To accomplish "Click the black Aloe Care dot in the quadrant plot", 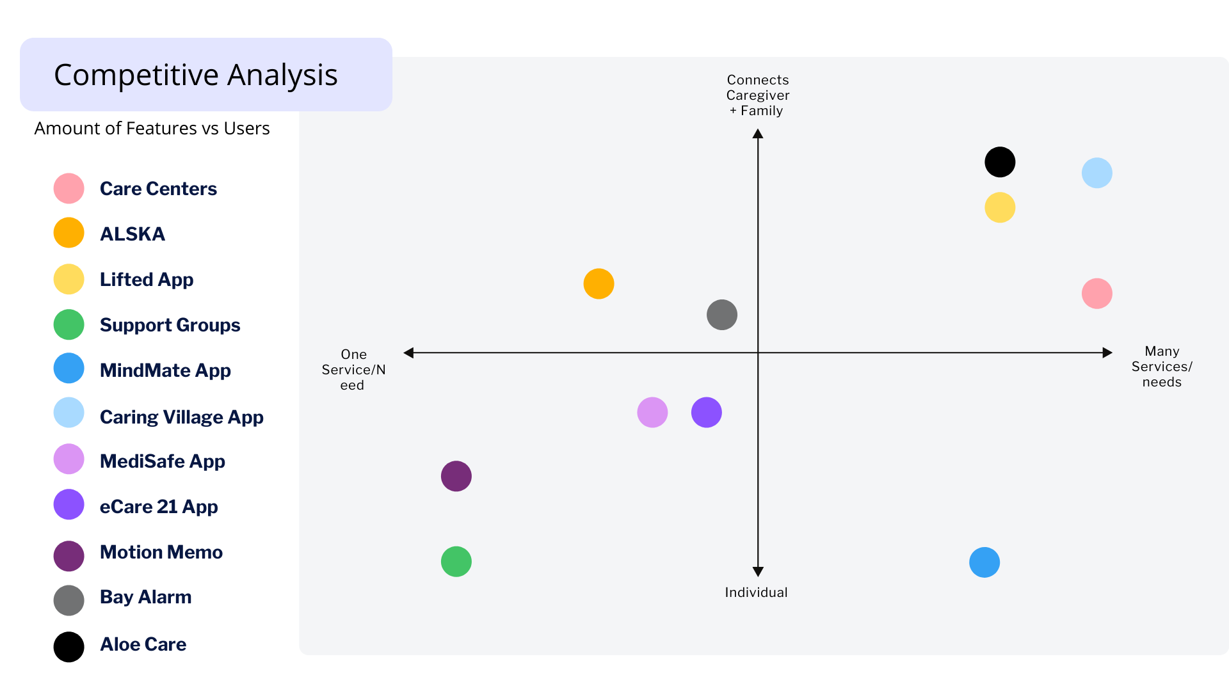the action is click(x=1000, y=162).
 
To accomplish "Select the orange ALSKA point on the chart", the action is click(x=598, y=283).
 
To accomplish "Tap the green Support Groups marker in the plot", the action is click(x=456, y=562).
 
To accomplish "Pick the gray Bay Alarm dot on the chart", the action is click(x=722, y=315).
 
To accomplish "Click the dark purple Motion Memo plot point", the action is click(x=456, y=476).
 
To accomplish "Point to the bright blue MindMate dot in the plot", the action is click(x=984, y=562).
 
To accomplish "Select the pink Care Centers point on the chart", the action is click(x=1097, y=294).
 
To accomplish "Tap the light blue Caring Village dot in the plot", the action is click(x=1097, y=173).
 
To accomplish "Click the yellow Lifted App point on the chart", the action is click(x=1000, y=207).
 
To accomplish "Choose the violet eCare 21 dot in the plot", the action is click(x=707, y=412).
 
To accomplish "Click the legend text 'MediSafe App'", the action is click(x=163, y=461).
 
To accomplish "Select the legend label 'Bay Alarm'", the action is click(x=146, y=597).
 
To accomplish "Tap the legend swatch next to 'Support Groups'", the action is click(x=69, y=324).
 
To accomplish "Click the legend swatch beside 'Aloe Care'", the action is click(x=69, y=647).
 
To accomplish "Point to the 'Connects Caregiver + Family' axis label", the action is click(x=758, y=95).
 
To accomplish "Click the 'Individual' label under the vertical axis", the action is click(x=756, y=592).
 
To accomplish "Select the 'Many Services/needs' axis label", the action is click(x=1162, y=367).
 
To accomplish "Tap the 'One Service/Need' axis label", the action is click(x=353, y=370).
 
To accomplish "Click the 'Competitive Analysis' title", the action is click(x=196, y=75).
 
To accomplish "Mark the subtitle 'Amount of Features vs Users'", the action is click(x=152, y=128).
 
